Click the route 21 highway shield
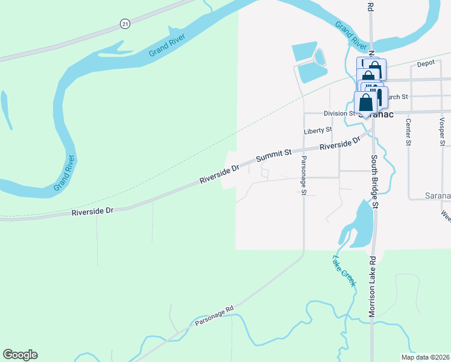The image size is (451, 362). pyautogui.click(x=125, y=24)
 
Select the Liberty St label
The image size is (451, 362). pyautogui.click(x=318, y=130)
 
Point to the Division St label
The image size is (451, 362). pyautogui.click(x=339, y=113)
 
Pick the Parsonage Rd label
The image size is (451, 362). pyautogui.click(x=213, y=316)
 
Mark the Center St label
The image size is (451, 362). pyautogui.click(x=408, y=132)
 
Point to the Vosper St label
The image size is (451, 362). pyautogui.click(x=443, y=132)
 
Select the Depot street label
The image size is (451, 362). pyautogui.click(x=426, y=63)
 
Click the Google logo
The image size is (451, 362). pyautogui.click(x=20, y=355)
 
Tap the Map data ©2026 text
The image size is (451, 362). pyautogui.click(x=424, y=357)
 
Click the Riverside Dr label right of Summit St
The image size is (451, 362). pyautogui.click(x=339, y=144)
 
